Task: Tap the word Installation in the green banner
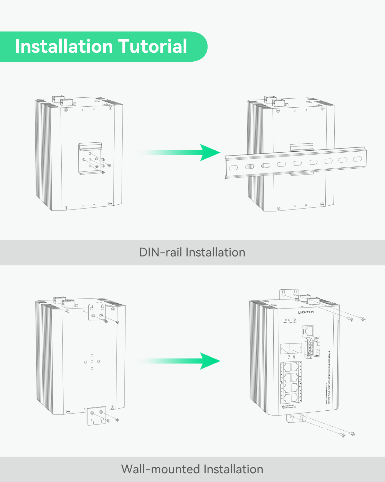pyautogui.click(x=63, y=46)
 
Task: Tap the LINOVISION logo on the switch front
pyautogui.click(x=306, y=312)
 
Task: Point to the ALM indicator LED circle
pyautogui.click(x=294, y=320)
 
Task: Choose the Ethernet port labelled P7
pyautogui.click(x=287, y=398)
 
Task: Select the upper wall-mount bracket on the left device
pyautogui.click(x=97, y=312)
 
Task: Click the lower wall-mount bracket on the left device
pyautogui.click(x=97, y=416)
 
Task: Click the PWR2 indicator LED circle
pyautogui.click(x=289, y=320)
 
